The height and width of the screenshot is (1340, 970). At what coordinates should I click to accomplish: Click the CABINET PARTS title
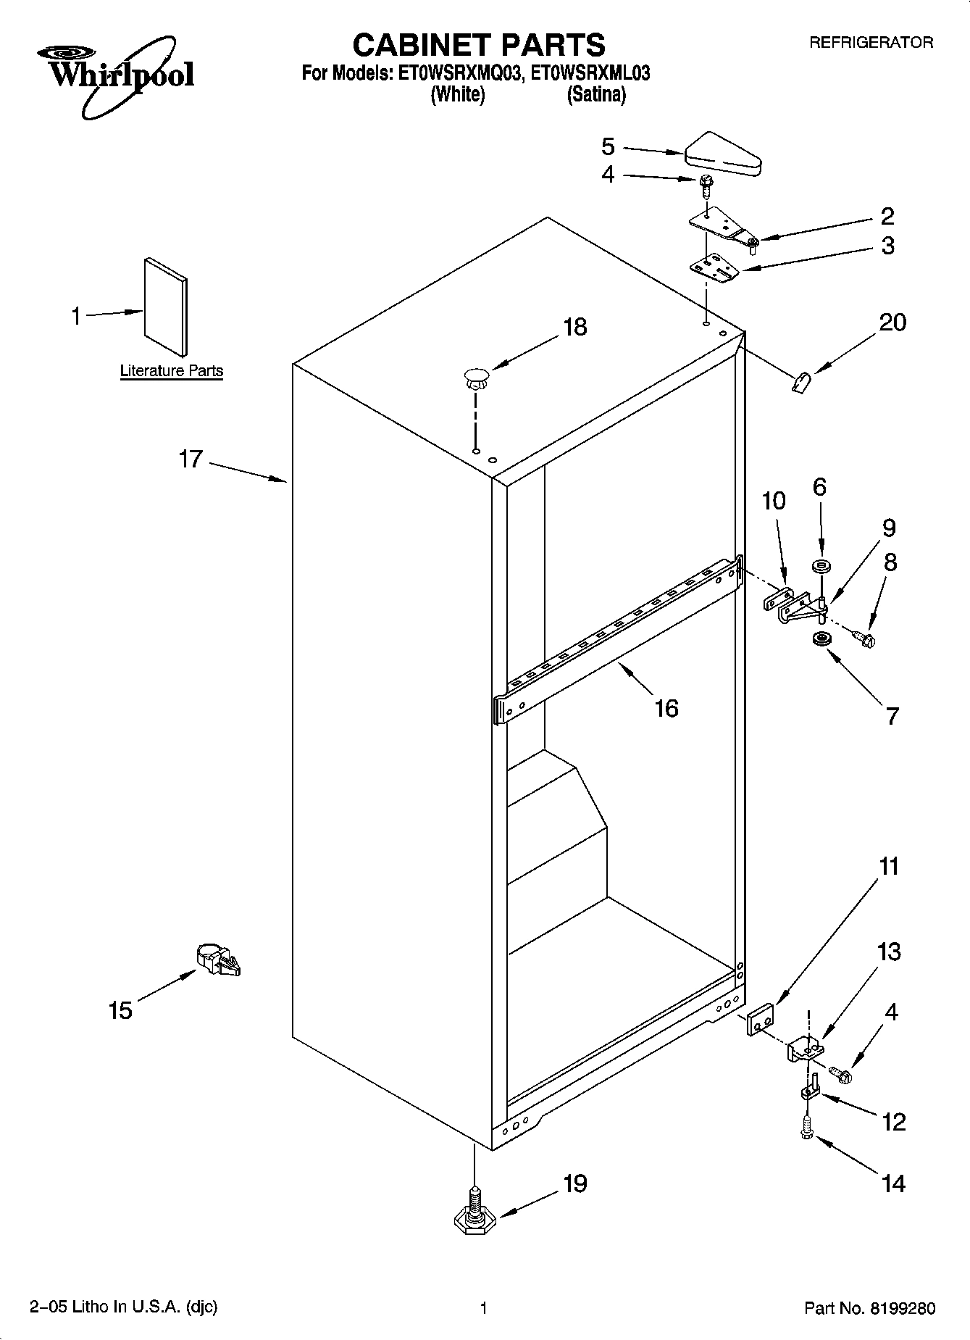pyautogui.click(x=478, y=45)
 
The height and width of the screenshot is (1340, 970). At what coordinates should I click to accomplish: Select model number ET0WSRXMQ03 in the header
pyautogui.click(x=459, y=73)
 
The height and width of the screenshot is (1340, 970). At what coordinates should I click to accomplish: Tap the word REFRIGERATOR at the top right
pyautogui.click(x=871, y=43)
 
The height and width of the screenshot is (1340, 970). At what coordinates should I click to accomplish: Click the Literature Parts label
pyautogui.click(x=172, y=371)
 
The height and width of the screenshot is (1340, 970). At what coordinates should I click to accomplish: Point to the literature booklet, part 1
pyautogui.click(x=166, y=308)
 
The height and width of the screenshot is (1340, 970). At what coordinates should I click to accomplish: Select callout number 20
pyautogui.click(x=892, y=322)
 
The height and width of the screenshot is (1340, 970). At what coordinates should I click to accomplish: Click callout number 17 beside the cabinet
pyautogui.click(x=191, y=459)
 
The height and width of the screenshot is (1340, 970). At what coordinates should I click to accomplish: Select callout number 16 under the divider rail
pyautogui.click(x=666, y=708)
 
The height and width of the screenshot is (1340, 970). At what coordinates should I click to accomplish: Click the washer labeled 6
pyautogui.click(x=821, y=566)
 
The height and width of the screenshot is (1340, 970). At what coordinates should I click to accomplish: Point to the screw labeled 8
pyautogui.click(x=864, y=638)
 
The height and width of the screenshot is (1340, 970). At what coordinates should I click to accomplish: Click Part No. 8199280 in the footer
pyautogui.click(x=869, y=1308)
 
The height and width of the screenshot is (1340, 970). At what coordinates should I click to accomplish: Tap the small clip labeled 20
pyautogui.click(x=800, y=382)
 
